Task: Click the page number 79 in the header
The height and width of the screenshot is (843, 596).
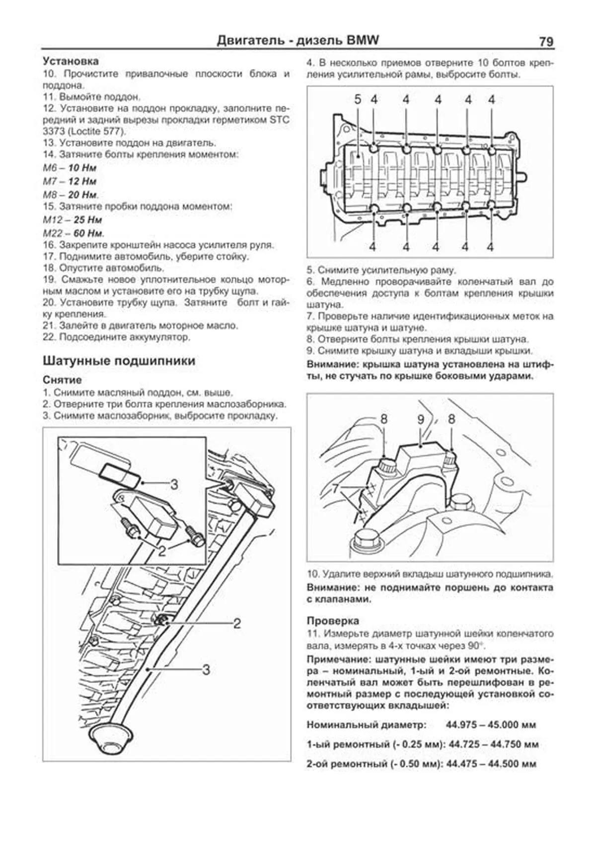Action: [545, 42]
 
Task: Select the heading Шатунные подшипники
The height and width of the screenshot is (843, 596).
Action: [119, 361]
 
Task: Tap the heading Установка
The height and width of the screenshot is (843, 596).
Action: [71, 61]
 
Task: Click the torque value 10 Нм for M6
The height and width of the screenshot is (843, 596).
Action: [82, 168]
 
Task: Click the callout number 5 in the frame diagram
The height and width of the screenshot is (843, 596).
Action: [358, 100]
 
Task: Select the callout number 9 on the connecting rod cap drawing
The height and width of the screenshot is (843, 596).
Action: [421, 420]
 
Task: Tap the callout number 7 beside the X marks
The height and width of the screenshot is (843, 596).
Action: [336, 488]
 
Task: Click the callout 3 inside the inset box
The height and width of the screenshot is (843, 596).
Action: [174, 484]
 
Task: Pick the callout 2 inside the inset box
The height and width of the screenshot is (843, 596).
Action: [162, 550]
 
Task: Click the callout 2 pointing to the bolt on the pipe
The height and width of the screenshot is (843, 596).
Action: [237, 623]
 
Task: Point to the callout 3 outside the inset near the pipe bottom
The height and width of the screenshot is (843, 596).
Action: [206, 670]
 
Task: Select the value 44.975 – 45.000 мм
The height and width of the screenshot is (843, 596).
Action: [491, 725]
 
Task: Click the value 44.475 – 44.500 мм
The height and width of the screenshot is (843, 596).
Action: [491, 764]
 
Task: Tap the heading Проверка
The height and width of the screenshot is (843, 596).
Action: [333, 621]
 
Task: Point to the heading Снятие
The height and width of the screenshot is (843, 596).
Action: [62, 380]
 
